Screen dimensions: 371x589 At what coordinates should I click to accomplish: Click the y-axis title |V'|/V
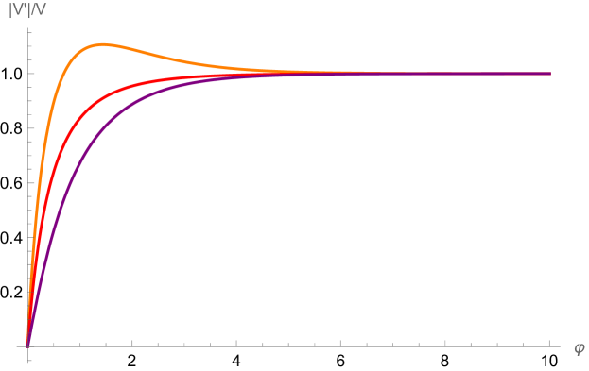click(27, 10)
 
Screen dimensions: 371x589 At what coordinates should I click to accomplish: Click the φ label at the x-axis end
click(579, 347)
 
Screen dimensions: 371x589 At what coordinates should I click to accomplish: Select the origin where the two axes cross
click(28, 346)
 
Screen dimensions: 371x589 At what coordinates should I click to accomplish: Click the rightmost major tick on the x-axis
click(549, 343)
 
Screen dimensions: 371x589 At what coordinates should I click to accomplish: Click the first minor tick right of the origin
click(54, 344)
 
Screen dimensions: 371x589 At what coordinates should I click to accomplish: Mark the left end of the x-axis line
click(17, 346)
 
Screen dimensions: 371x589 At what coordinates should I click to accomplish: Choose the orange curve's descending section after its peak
click(180, 59)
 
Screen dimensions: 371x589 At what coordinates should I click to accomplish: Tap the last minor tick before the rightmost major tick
click(524, 344)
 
